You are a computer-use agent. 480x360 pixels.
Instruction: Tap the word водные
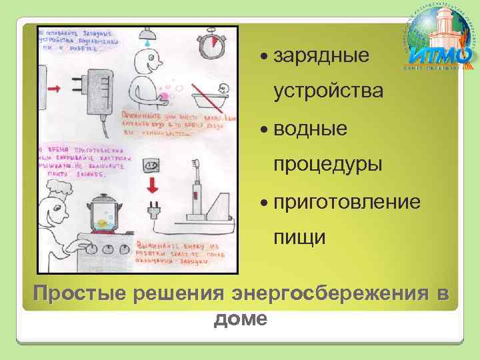(311, 128)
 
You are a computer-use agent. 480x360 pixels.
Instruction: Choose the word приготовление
(347, 200)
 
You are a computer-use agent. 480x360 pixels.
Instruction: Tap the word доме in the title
(240, 320)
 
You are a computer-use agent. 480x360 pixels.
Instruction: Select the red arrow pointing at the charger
(55, 89)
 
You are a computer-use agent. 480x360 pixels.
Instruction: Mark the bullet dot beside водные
(267, 129)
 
